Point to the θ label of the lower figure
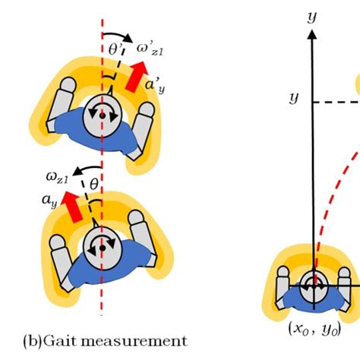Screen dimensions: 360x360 93,183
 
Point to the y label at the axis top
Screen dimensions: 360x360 311,16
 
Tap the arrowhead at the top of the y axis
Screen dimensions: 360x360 311,34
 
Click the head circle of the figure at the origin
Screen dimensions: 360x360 311,287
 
